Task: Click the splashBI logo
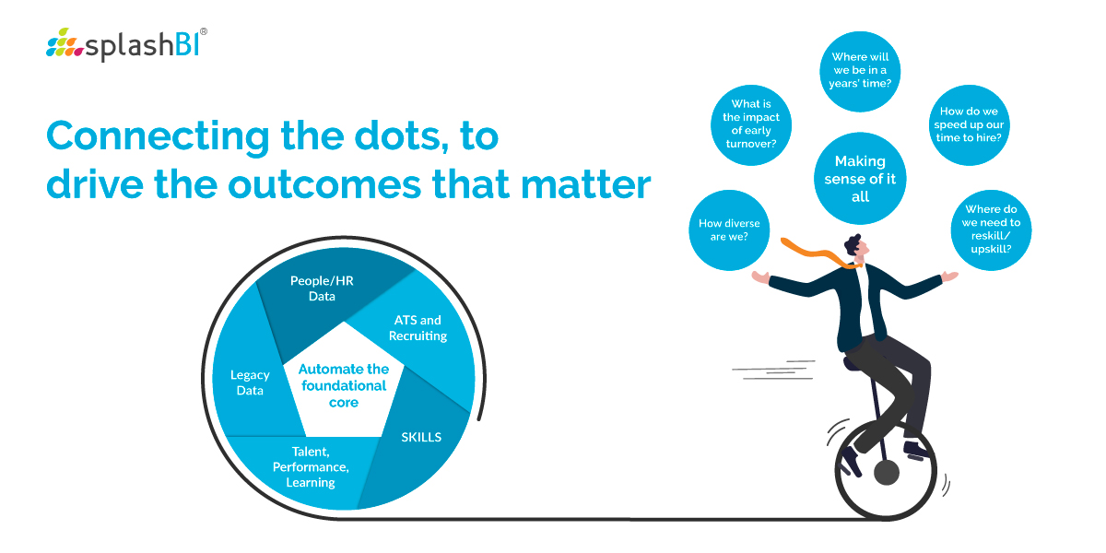[126, 44]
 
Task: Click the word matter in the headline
[586, 184]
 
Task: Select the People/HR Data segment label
[322, 288]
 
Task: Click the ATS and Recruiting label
[418, 328]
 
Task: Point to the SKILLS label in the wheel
[421, 437]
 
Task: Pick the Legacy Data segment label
[250, 382]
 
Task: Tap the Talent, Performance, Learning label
[311, 467]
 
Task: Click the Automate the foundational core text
[344, 385]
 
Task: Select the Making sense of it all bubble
[860, 178]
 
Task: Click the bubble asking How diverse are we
[729, 230]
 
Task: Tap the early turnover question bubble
[751, 125]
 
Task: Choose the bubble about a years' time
[860, 72]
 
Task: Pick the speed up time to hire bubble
[970, 125]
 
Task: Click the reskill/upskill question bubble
[991, 230]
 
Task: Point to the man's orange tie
[820, 253]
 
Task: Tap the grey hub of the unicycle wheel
[887, 473]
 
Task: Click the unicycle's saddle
[853, 365]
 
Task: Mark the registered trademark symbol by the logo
[204, 31]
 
